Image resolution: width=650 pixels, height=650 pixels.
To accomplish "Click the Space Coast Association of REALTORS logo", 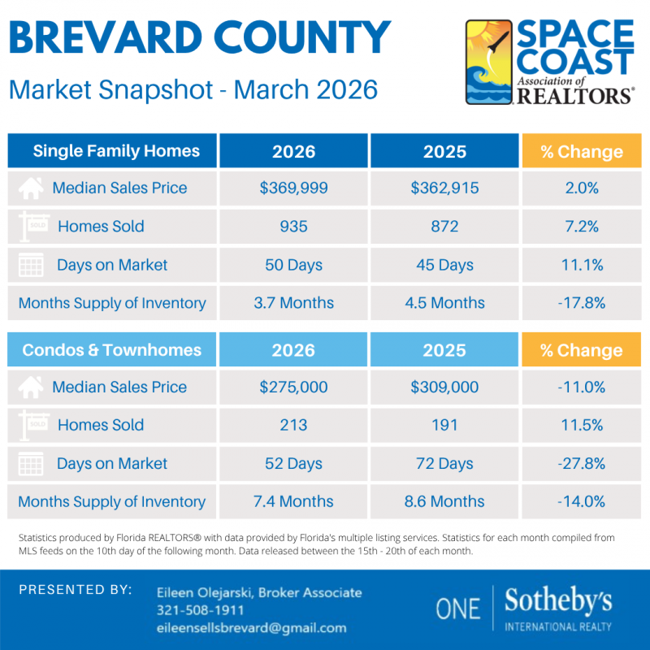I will [549, 63].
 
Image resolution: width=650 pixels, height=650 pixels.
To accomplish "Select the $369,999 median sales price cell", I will [293, 188].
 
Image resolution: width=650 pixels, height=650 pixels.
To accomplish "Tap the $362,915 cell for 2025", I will [444, 188].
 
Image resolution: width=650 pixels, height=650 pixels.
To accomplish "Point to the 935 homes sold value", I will [293, 226].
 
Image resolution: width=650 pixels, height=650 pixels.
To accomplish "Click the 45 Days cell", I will [444, 265].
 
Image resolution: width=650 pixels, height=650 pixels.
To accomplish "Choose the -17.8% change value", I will [581, 303].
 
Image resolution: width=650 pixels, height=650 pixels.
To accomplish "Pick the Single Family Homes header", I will [115, 151].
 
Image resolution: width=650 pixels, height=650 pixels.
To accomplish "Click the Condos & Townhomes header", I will [112, 350].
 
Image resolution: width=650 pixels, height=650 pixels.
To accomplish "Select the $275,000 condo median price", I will [293, 387].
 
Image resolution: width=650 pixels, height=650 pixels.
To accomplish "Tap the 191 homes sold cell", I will [444, 425].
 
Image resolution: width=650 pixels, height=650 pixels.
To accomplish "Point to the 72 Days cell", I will [444, 464].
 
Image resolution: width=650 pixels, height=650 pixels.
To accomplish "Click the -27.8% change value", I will [581, 464].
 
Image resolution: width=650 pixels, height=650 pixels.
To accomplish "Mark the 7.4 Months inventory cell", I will [293, 501].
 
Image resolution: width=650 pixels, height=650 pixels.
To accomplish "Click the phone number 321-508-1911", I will [201, 609].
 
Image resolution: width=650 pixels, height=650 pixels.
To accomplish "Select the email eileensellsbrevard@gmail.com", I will [251, 627].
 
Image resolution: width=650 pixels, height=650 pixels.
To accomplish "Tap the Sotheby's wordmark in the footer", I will [558, 601].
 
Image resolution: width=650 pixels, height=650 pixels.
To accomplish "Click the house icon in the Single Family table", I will [31, 188].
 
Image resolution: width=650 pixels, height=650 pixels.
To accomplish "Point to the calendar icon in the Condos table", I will [31, 465].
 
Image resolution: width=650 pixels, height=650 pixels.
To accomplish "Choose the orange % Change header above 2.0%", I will [581, 151].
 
